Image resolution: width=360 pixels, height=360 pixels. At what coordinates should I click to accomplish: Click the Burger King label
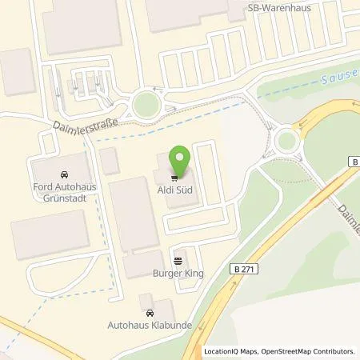click(177, 274)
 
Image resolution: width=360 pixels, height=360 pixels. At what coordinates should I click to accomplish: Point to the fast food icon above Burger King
click(177, 262)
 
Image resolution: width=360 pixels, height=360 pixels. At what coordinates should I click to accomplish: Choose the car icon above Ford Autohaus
click(62, 174)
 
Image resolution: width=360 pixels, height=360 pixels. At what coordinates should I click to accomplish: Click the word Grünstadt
click(62, 198)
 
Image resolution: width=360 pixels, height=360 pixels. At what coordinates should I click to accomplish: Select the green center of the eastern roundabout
click(287, 142)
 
